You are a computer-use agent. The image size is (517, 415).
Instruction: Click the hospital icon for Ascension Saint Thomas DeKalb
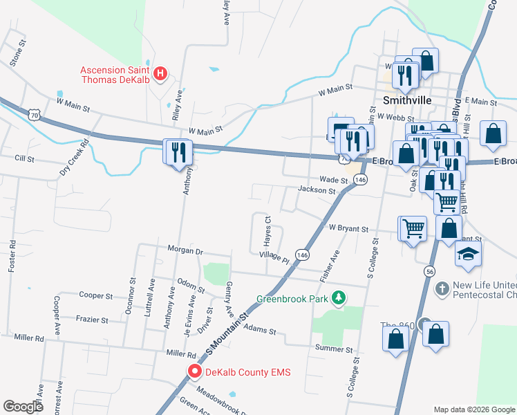click(x=160, y=73)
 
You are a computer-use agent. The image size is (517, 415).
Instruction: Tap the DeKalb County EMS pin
click(x=195, y=372)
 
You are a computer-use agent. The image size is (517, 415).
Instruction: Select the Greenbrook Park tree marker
click(x=339, y=299)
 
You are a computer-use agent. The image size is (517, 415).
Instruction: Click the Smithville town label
click(x=407, y=100)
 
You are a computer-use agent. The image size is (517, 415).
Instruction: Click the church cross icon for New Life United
click(x=443, y=286)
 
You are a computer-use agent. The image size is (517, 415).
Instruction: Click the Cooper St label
click(x=96, y=295)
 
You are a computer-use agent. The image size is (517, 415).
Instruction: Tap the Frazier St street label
click(x=92, y=320)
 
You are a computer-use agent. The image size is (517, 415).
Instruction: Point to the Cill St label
click(x=24, y=158)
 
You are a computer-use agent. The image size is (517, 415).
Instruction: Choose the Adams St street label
click(x=259, y=331)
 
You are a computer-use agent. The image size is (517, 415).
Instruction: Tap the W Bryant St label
click(x=349, y=228)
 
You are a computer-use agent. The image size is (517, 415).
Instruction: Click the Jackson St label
click(x=317, y=190)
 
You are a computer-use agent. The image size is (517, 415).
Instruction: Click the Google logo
click(x=23, y=406)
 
